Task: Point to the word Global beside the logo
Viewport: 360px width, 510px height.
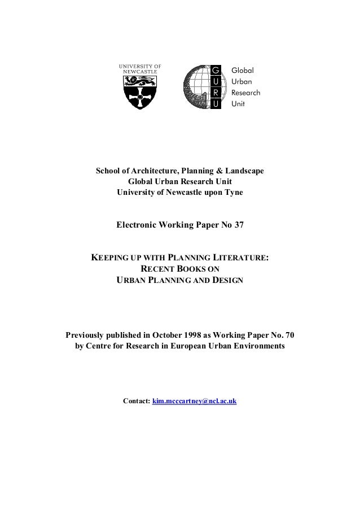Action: click(243, 71)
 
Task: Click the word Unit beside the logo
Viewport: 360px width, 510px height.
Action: click(239, 104)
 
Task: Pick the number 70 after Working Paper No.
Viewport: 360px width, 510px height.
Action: click(288, 334)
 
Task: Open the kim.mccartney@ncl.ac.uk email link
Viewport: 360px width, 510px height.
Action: click(195, 401)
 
